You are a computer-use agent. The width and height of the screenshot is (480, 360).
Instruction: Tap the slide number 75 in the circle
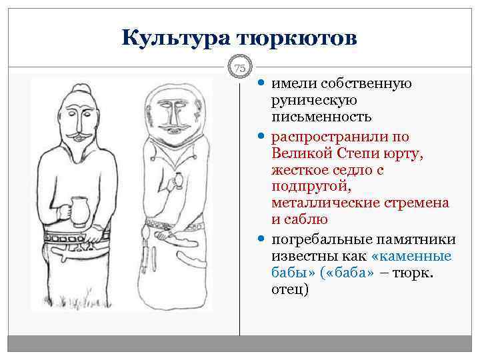click(240, 68)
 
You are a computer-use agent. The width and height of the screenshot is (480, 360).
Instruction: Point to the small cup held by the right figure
click(178, 181)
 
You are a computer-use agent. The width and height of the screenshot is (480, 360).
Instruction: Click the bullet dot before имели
click(260, 84)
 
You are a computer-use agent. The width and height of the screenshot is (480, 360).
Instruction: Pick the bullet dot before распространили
click(260, 136)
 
